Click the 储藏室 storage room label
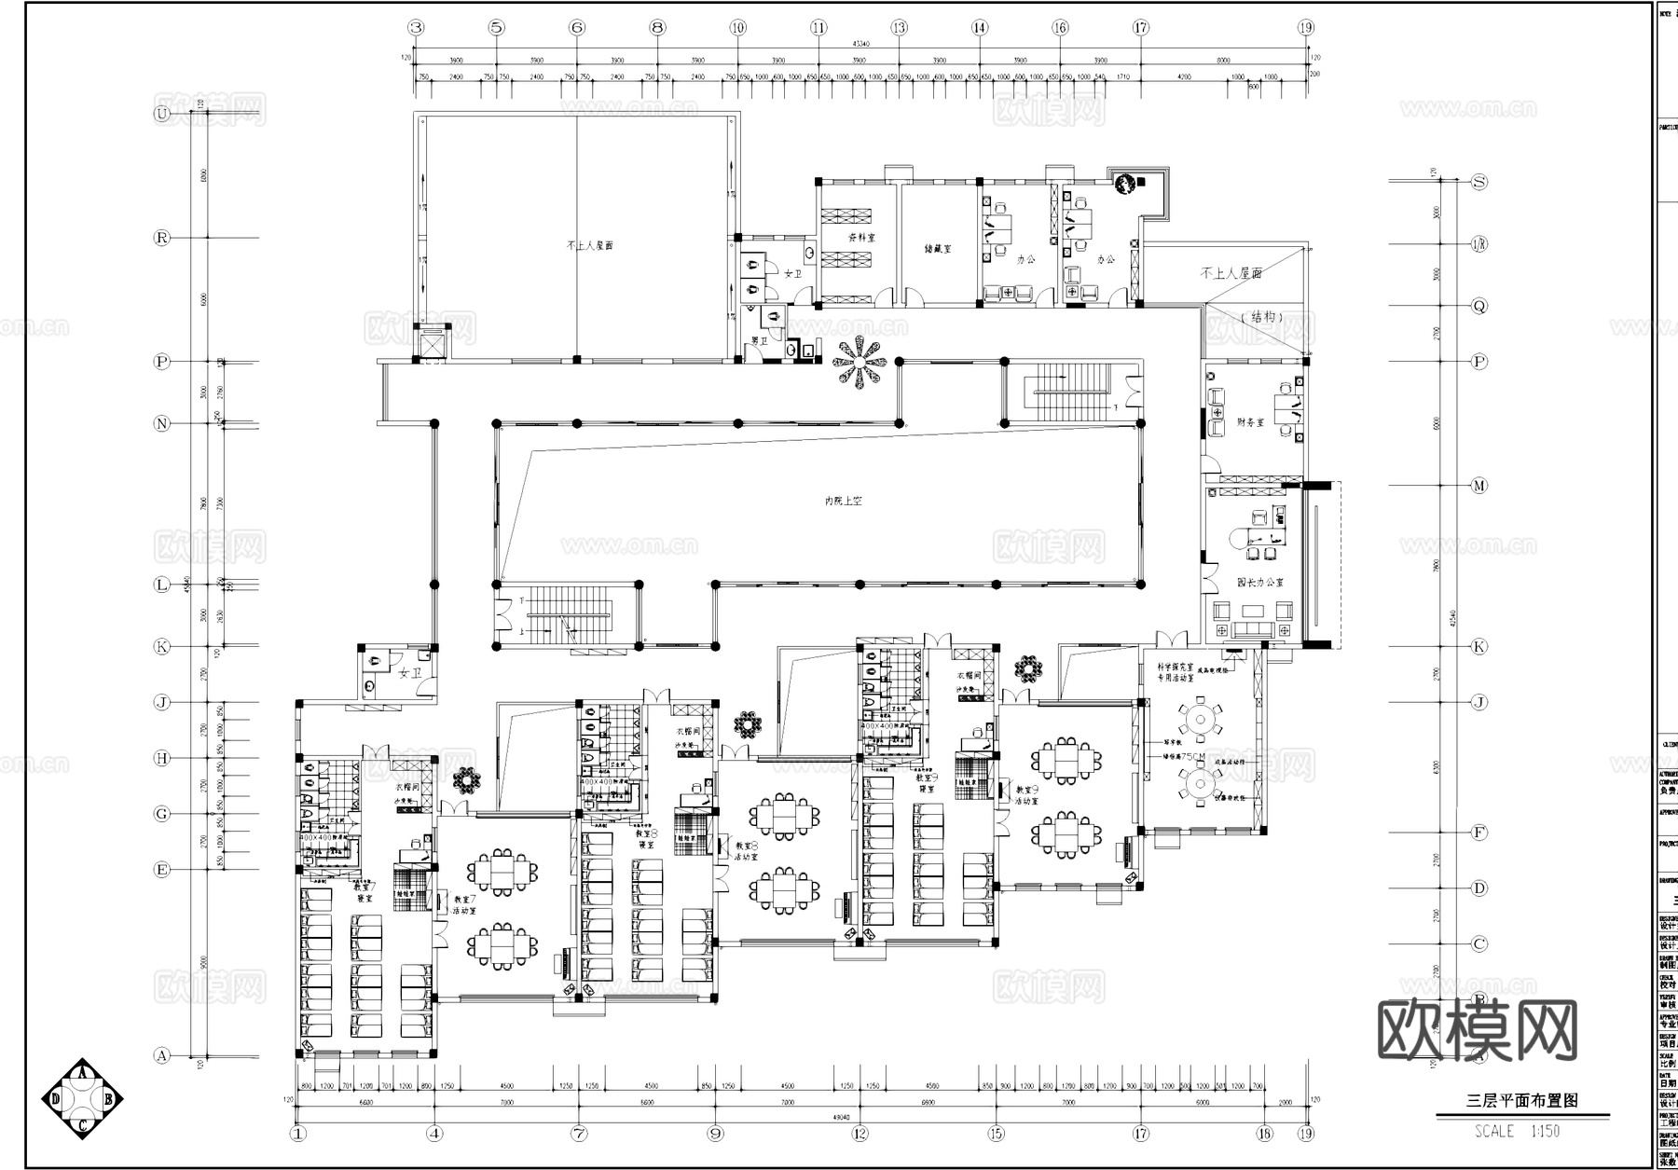(x=937, y=249)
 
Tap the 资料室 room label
(x=861, y=238)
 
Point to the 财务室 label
(x=1250, y=422)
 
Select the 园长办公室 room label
(x=1260, y=582)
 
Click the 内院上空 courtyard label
(x=843, y=501)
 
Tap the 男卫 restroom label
(x=760, y=341)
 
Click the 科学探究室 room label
(x=1176, y=668)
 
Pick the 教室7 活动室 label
(x=464, y=905)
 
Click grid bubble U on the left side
(x=162, y=114)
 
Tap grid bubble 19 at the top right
(x=1306, y=28)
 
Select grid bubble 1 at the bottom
(x=298, y=1134)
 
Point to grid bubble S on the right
(x=1479, y=182)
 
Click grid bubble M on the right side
(x=1479, y=486)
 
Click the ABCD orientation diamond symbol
(x=83, y=1100)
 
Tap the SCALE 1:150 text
(x=1517, y=1132)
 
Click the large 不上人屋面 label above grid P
(x=589, y=246)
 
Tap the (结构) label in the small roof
(x=1263, y=317)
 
